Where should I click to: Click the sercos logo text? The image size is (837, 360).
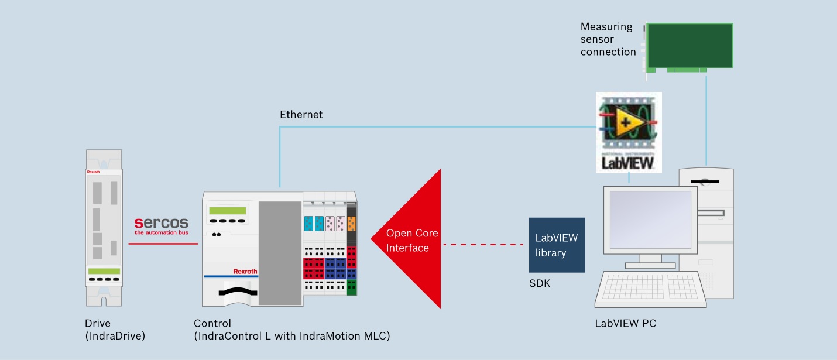coord(162,222)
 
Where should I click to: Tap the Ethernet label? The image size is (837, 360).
coord(301,115)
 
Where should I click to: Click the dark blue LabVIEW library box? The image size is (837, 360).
coord(557,245)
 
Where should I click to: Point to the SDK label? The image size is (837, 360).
coord(540,284)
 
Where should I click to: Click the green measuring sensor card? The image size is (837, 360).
coord(689,46)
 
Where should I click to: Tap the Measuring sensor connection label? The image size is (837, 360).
coord(608,39)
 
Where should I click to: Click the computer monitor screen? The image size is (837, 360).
coord(650,220)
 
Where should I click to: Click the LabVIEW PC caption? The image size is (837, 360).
coord(626,323)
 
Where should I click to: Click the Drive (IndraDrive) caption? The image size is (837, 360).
coord(115,329)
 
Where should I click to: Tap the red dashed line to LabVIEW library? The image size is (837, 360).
coord(483,244)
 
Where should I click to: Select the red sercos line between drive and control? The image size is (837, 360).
coord(163,244)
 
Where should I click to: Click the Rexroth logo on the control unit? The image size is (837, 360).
coord(245,272)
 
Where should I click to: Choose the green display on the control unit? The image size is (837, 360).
coord(227,210)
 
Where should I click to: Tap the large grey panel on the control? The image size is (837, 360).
coord(279,253)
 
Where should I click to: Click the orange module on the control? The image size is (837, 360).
coord(351,223)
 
